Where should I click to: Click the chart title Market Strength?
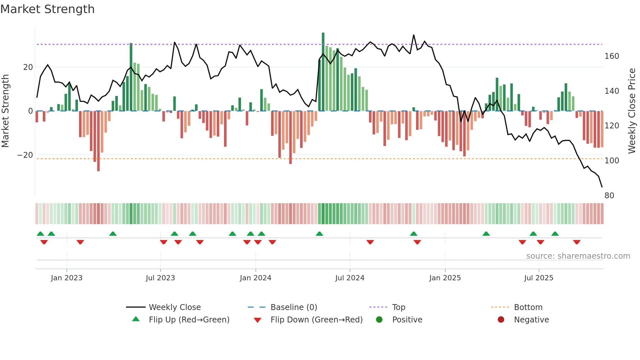[x=47, y=9]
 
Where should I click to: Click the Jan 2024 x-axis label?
[x=255, y=278]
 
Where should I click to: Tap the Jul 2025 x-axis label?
[x=538, y=278]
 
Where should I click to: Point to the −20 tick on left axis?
[x=25, y=155]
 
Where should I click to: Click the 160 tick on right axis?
[x=612, y=56]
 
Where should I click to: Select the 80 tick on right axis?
[x=609, y=196]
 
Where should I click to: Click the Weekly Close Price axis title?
[x=632, y=111]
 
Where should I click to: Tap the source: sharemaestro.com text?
[x=578, y=256]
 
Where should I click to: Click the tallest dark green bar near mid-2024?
[x=323, y=72]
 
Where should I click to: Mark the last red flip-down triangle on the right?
[x=577, y=242]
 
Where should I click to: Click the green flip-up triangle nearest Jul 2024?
[x=319, y=234]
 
